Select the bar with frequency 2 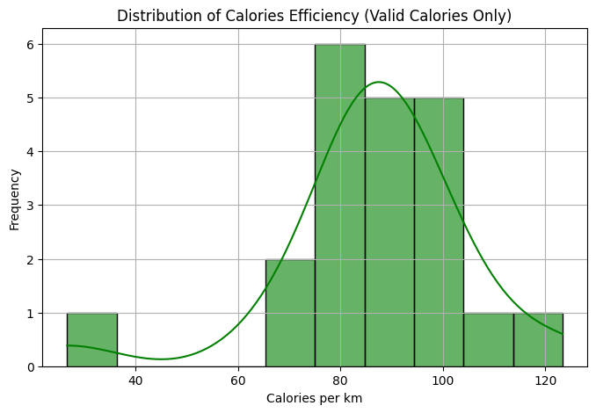pyautogui.click(x=290, y=313)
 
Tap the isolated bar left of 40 pyautogui.click(x=91, y=339)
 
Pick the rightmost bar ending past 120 pyautogui.click(x=538, y=339)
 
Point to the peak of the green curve pyautogui.click(x=379, y=82)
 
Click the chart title pyautogui.click(x=314, y=16)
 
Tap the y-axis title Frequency pyautogui.click(x=14, y=198)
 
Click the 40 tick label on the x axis pyautogui.click(x=135, y=380)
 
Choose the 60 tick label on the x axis pyautogui.click(x=238, y=380)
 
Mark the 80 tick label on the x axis pyautogui.click(x=340, y=380)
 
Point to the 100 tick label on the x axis pyautogui.click(x=443, y=380)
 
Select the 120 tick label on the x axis pyautogui.click(x=545, y=380)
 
